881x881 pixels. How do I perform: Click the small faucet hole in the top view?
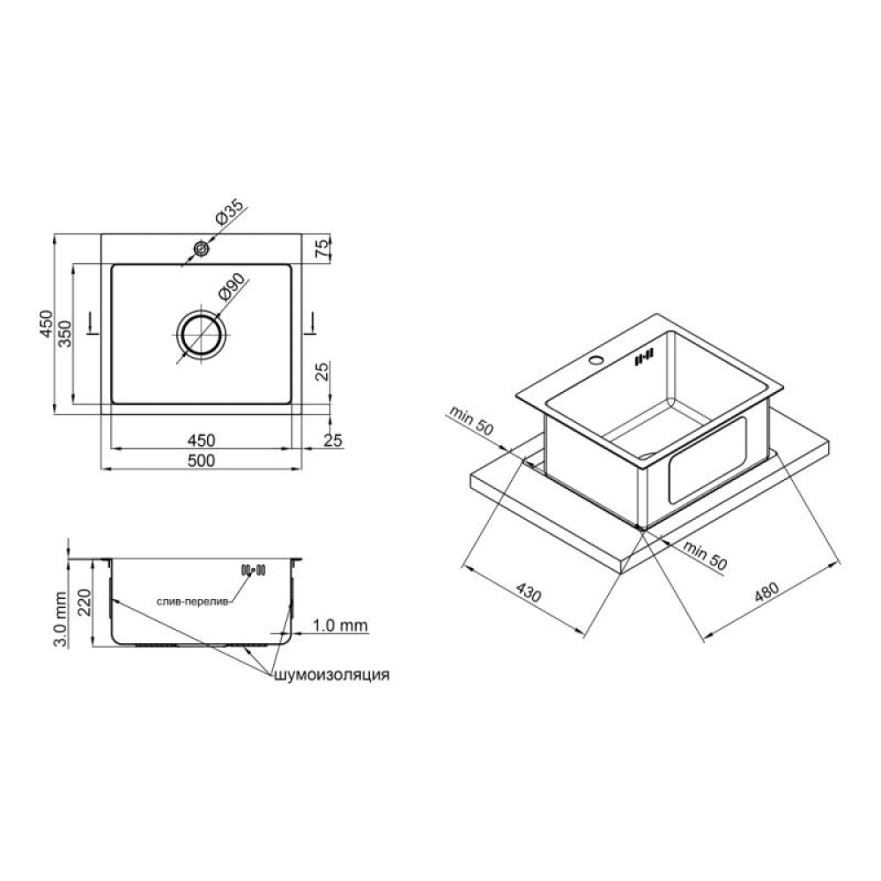(x=200, y=248)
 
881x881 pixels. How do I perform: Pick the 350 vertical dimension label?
(x=66, y=334)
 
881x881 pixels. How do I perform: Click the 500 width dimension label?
(x=201, y=461)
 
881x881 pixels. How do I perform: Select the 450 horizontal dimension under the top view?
(x=201, y=440)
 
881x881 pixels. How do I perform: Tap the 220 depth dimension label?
(x=84, y=603)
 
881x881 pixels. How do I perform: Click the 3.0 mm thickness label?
(x=61, y=619)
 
